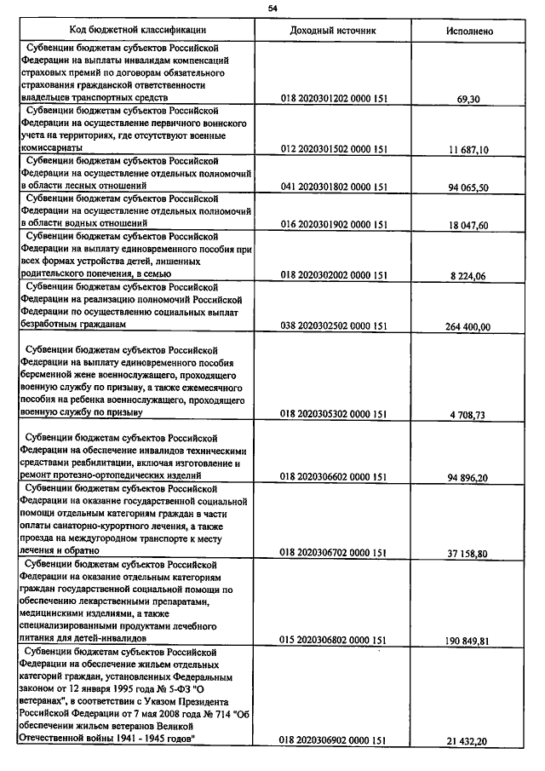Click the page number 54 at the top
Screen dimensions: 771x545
click(272, 8)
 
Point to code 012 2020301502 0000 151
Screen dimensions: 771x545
click(334, 149)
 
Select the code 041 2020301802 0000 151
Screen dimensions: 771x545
click(334, 187)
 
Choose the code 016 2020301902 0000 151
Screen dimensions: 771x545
click(334, 225)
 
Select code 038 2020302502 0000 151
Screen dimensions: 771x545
click(334, 325)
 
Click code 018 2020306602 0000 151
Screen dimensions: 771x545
click(334, 476)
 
